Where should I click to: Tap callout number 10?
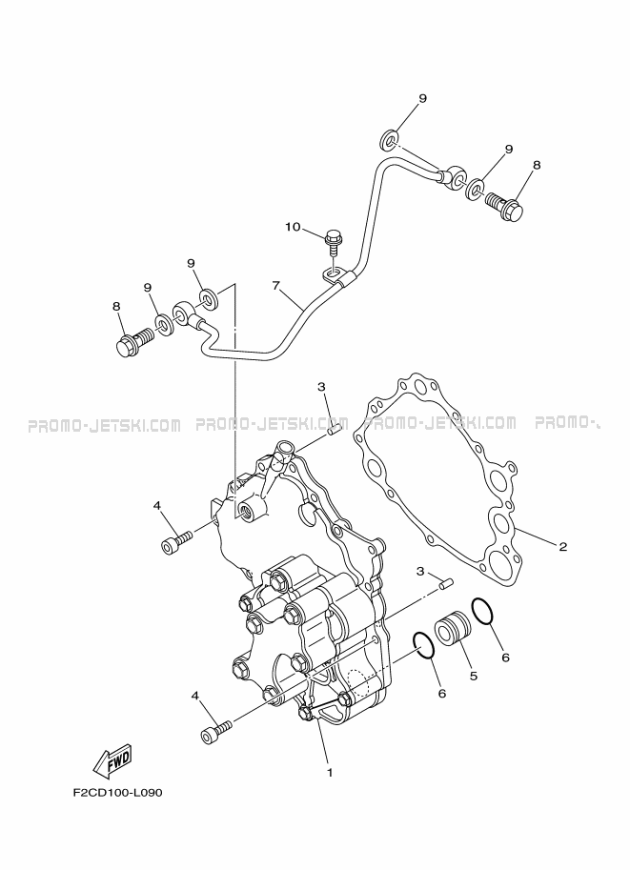pyautogui.click(x=293, y=227)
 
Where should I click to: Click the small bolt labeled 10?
pyautogui.click(x=333, y=241)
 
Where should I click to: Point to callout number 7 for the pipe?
pyautogui.click(x=275, y=285)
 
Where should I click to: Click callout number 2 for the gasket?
pyautogui.click(x=563, y=547)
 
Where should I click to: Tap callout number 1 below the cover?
pyautogui.click(x=330, y=772)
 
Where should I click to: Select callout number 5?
pyautogui.click(x=473, y=677)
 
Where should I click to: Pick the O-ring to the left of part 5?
pyautogui.click(x=425, y=646)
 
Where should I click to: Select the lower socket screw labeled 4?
pyautogui.click(x=216, y=731)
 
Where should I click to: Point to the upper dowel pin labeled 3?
pyautogui.click(x=334, y=430)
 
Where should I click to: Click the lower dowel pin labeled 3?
pyautogui.click(x=446, y=584)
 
